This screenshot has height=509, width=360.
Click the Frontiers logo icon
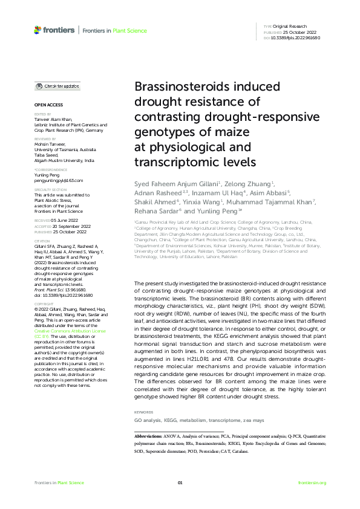click(38, 30)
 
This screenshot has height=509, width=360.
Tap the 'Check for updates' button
click(57, 86)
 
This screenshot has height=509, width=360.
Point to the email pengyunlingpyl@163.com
click(59, 180)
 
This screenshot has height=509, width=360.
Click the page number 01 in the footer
click(180, 482)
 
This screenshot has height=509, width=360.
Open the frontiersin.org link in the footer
click(312, 482)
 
